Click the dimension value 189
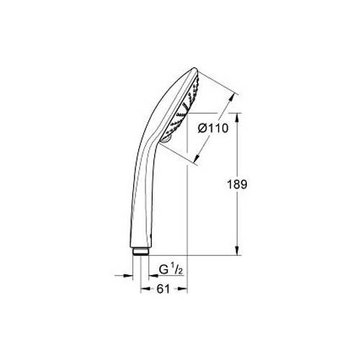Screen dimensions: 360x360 pos(237,184)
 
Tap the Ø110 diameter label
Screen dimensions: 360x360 pos(213,128)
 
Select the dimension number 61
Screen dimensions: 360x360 pos(163,289)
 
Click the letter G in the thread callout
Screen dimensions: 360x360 pos(163,270)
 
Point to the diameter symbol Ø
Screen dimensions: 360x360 pos(202,128)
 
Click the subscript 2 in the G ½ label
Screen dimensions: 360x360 pos(181,271)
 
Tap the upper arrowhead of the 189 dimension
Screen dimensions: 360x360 pos(238,117)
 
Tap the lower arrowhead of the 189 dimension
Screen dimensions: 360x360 pos(238,251)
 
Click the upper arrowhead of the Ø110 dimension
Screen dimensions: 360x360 pos(231,98)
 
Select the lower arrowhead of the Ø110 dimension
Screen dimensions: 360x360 pos(197,157)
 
